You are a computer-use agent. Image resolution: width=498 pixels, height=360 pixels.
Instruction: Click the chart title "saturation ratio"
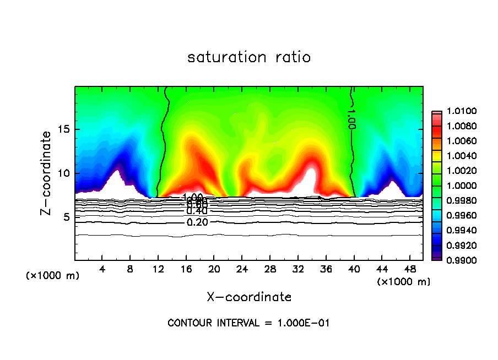249,57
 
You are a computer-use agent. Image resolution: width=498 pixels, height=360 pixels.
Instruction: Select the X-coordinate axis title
249,297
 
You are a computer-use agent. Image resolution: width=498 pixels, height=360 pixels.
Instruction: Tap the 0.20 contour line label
197,222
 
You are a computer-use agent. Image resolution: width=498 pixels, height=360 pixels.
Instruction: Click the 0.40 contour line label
197,211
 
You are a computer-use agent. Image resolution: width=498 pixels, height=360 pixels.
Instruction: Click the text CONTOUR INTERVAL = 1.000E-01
248,323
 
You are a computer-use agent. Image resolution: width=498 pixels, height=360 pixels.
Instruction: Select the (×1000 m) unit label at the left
52,276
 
